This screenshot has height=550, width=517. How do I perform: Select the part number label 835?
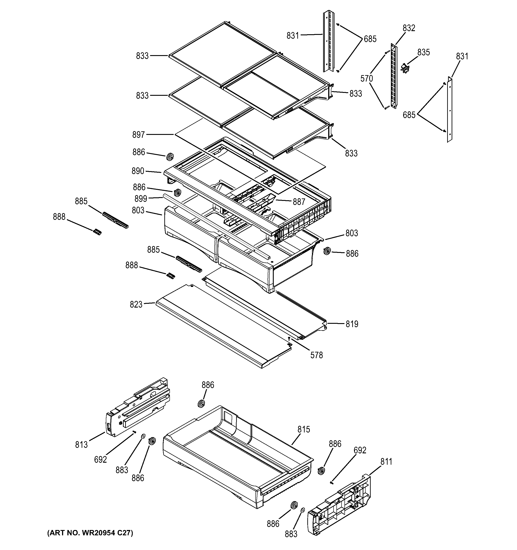click(x=423, y=52)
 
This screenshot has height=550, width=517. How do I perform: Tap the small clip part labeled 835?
click(x=405, y=68)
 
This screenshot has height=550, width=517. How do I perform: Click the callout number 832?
click(x=408, y=28)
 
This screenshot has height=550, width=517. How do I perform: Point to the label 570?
click(x=366, y=79)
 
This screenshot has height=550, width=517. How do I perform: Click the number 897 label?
click(x=138, y=135)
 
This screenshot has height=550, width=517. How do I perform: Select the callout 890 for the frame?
click(x=138, y=171)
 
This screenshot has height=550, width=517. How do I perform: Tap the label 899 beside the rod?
click(x=141, y=199)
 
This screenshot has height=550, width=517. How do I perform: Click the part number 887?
click(x=299, y=202)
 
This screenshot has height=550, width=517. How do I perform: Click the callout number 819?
click(x=352, y=324)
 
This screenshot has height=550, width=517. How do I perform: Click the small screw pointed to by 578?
click(x=289, y=338)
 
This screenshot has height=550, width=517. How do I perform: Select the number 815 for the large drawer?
click(x=304, y=429)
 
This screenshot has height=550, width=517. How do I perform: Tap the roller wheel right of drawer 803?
click(x=327, y=251)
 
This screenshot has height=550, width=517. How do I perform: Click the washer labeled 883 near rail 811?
click(x=302, y=510)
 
